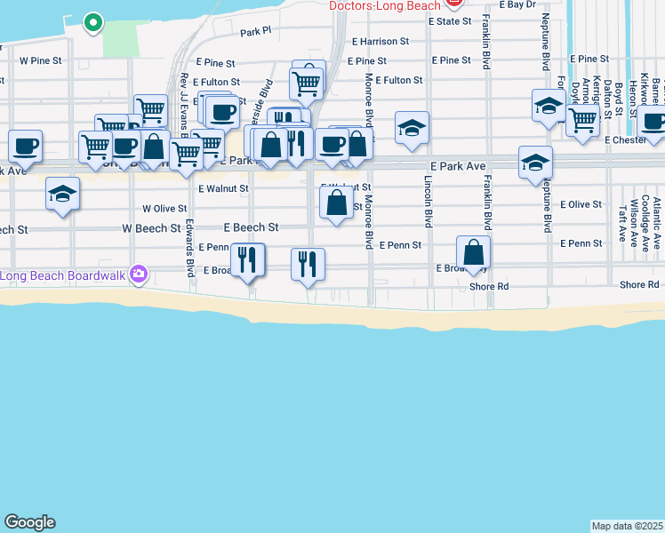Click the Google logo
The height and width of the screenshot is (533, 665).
29,522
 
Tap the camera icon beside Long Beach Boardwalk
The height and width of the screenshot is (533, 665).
138,274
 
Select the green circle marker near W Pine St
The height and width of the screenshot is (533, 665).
92,22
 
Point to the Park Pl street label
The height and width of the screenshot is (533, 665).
255,32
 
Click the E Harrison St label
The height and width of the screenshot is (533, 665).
380,41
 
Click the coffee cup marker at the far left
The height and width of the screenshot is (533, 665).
25,146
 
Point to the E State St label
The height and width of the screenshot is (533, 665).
449,20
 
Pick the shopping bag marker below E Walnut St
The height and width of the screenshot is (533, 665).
336,203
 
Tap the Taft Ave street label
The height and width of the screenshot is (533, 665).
622,224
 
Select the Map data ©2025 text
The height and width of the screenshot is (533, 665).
627,526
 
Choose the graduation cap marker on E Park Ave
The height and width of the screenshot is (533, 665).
536,163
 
